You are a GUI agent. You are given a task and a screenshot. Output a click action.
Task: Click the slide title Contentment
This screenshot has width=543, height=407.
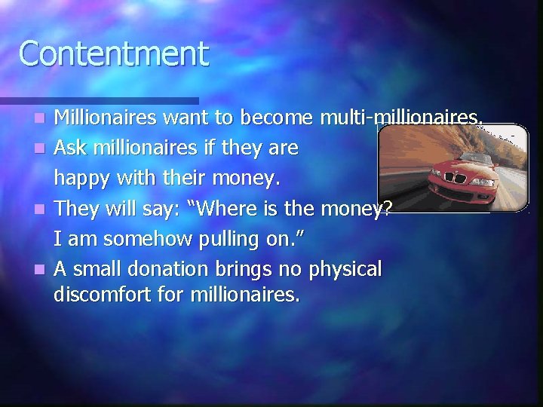(x=113, y=54)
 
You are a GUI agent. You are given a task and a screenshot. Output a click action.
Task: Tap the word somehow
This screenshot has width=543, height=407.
(x=133, y=240)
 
